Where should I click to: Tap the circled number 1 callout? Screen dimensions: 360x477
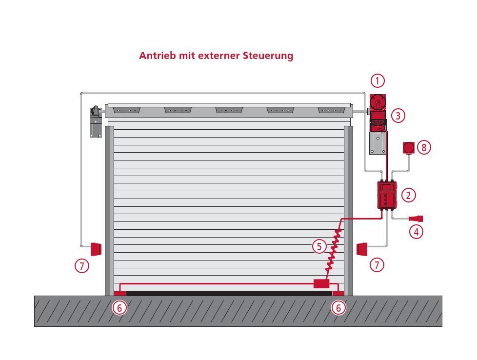[x=378, y=80]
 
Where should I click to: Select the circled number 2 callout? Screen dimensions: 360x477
[x=408, y=195]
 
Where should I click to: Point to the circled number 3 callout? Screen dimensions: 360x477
[x=398, y=116]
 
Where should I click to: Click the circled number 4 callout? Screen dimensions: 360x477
[x=416, y=232]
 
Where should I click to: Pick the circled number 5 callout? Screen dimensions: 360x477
[x=319, y=246]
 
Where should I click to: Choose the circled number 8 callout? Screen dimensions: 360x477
[x=424, y=147]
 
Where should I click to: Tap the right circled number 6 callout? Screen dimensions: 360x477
[x=338, y=308]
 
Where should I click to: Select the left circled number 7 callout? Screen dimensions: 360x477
[x=82, y=265]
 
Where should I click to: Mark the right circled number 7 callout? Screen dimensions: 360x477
[x=377, y=265]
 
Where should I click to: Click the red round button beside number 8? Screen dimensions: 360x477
[x=409, y=147]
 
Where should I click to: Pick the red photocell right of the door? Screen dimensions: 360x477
[x=363, y=249]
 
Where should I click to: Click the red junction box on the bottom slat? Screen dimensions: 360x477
[x=321, y=283]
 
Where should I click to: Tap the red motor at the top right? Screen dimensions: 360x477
[x=378, y=103]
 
